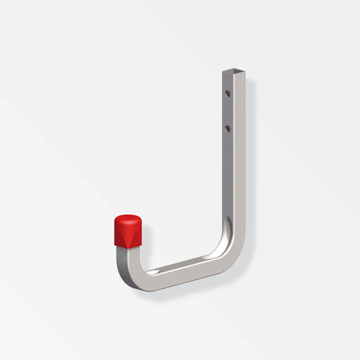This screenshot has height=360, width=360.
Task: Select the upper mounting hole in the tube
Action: [x=228, y=93]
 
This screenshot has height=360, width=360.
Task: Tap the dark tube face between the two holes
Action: [x=227, y=110]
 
